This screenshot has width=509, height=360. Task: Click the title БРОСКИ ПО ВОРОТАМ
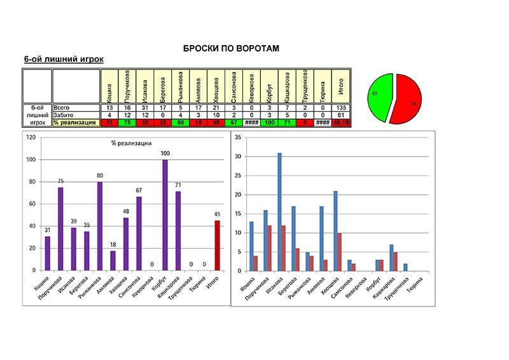pyautogui.click(x=231, y=48)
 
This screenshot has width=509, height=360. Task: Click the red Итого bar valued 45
pyautogui.click(x=217, y=246)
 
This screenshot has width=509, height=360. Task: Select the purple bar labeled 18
pyautogui.click(x=113, y=260)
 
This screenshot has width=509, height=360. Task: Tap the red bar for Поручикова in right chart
pyautogui.click(x=270, y=248)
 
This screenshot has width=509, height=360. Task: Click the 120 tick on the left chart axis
pyautogui.click(x=31, y=137)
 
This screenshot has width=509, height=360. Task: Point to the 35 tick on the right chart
pyautogui.click(x=237, y=137)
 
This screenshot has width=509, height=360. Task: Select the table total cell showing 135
pyautogui.click(x=341, y=108)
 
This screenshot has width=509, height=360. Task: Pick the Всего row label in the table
pyautogui.click(x=62, y=108)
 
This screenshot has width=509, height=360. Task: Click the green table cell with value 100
pyautogui.click(x=270, y=122)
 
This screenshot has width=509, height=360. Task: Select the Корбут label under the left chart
pyautogui.click(x=162, y=284)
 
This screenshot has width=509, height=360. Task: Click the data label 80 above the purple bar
pyautogui.click(x=101, y=176)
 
